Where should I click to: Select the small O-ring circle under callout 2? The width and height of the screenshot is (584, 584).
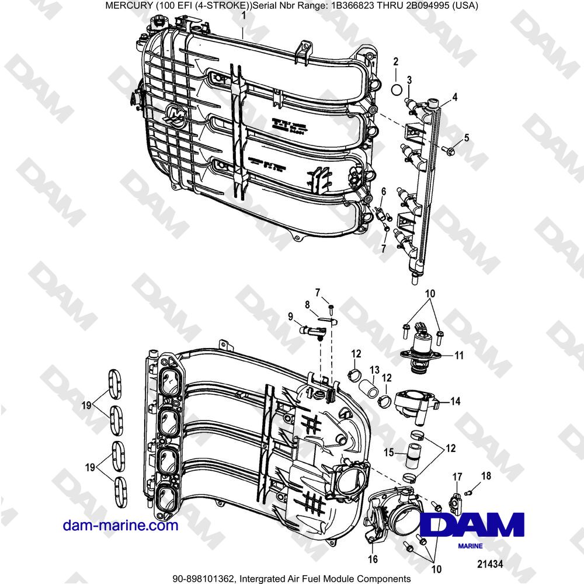click(395, 89)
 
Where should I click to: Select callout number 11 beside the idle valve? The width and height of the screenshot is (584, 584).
click(459, 354)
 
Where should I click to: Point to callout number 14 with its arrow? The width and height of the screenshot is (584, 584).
click(456, 401)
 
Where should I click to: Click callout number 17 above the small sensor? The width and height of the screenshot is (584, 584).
click(457, 477)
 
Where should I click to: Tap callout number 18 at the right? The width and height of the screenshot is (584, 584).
click(482, 477)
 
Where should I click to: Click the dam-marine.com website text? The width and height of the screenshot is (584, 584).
click(120, 526)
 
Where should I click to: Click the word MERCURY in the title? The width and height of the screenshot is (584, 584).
click(129, 6)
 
